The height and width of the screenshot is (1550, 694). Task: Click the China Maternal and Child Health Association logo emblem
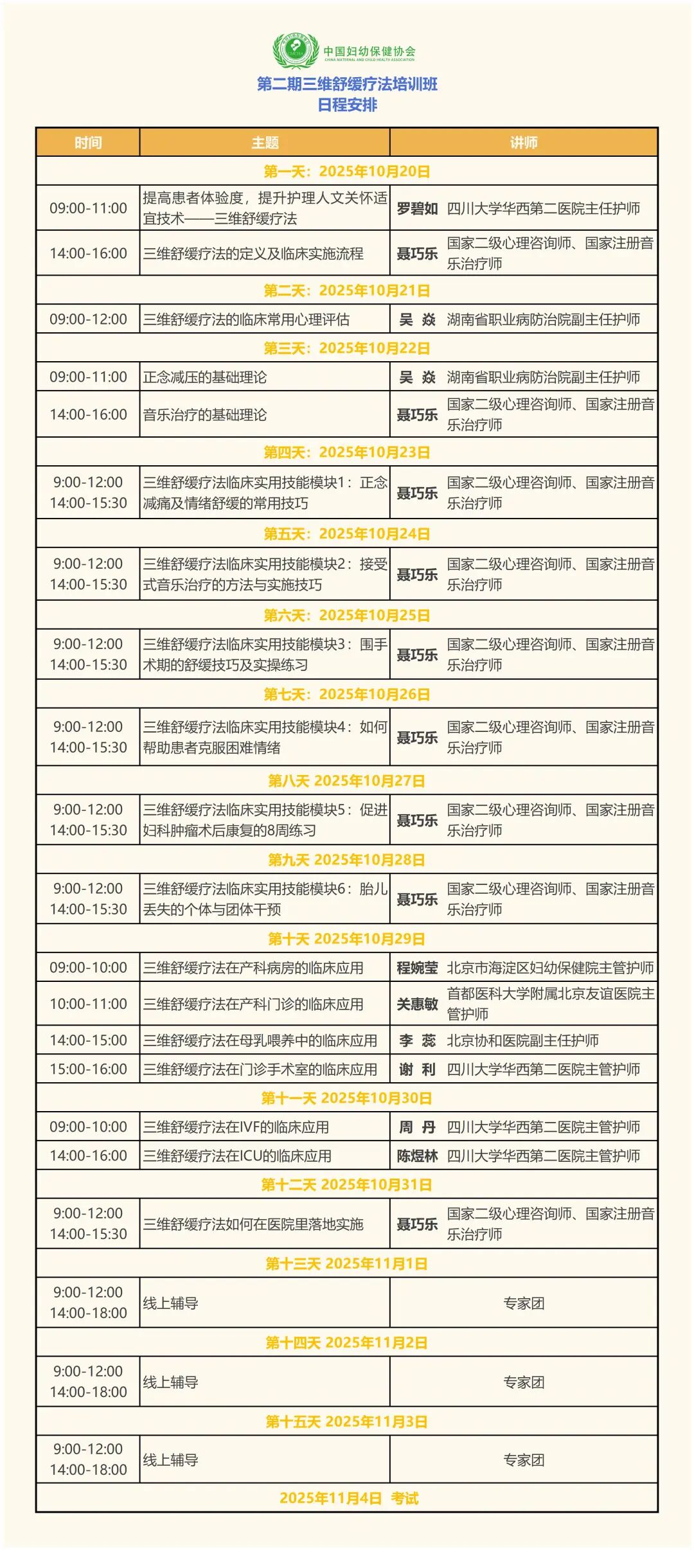click(x=296, y=50)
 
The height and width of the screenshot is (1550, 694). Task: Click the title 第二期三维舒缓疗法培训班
click(x=347, y=84)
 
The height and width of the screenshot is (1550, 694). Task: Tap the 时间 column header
click(x=88, y=143)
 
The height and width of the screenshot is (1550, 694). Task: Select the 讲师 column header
click(x=524, y=143)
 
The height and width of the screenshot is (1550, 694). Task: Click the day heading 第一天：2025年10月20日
click(x=347, y=172)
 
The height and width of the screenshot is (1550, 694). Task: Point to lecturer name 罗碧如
click(x=417, y=208)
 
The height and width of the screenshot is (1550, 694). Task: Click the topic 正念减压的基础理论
click(x=205, y=377)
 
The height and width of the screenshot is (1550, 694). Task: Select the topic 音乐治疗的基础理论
click(x=205, y=414)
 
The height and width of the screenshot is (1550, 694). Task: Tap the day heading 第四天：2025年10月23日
click(x=347, y=452)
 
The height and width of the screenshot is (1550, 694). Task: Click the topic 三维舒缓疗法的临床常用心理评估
click(x=246, y=319)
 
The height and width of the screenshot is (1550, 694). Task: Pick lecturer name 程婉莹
click(x=417, y=968)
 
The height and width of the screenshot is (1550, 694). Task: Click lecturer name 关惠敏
click(x=417, y=1004)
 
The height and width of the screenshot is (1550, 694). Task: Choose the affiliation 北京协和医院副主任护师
click(x=522, y=1040)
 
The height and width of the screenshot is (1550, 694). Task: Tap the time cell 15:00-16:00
click(x=88, y=1069)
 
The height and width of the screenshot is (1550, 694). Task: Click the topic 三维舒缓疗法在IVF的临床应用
click(x=236, y=1127)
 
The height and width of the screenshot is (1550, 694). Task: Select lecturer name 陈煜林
click(x=417, y=1156)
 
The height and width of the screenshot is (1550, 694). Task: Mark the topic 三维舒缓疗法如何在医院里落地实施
click(x=253, y=1224)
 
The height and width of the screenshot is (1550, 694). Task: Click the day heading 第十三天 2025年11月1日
click(x=347, y=1264)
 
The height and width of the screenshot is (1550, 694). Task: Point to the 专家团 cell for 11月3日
click(x=524, y=1460)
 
